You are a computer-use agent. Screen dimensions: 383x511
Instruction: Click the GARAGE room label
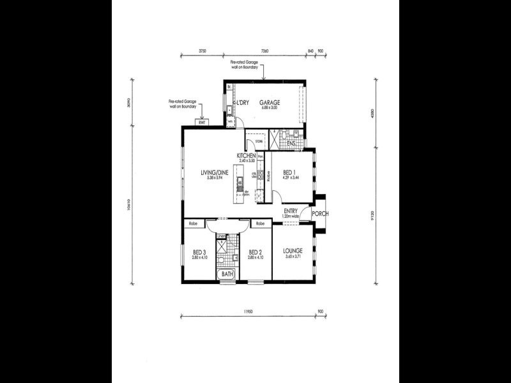point(271,102)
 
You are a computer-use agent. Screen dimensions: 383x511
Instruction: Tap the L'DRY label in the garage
point(242,102)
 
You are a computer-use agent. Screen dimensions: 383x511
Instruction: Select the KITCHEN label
point(247,156)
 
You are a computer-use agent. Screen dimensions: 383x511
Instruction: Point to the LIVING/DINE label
point(213,173)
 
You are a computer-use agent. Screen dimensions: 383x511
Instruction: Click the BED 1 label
point(289,172)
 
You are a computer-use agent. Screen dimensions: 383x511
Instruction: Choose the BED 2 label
point(256,252)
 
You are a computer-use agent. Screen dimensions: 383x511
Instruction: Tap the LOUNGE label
point(293,250)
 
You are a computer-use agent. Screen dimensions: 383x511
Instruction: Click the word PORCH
point(320,213)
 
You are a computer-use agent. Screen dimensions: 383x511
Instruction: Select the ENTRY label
point(292,211)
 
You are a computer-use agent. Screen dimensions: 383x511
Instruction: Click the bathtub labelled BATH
point(227,275)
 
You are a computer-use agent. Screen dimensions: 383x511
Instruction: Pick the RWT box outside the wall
point(202,122)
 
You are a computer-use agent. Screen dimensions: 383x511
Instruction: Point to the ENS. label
point(291,144)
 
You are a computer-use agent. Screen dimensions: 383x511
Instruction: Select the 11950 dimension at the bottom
point(248,312)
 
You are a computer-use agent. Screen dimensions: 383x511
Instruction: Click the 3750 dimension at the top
point(202,50)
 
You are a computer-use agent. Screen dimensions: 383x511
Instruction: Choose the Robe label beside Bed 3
point(192,224)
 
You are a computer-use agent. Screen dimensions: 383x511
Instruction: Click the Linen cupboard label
point(221,237)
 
